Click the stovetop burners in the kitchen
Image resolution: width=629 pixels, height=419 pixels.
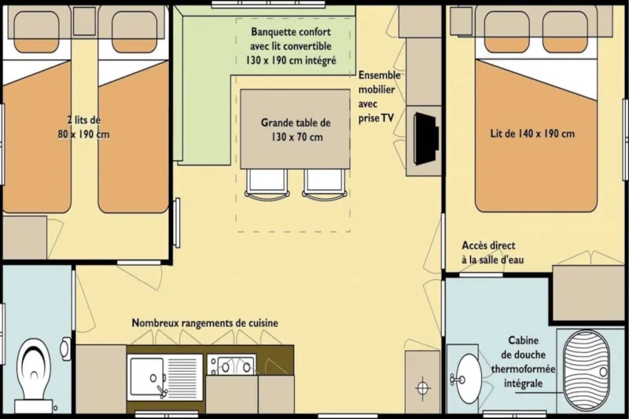(x=231, y=366)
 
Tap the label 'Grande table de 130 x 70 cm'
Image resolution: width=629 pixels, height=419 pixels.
(x=296, y=130)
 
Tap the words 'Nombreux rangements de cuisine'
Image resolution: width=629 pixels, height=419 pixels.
(x=204, y=323)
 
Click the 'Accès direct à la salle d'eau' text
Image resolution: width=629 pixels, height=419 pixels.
(x=487, y=252)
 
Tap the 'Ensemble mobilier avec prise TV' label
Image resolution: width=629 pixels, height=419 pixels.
(x=380, y=97)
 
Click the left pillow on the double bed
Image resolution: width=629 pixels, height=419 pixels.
(x=506, y=32)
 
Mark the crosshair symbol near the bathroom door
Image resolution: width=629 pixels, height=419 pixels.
(x=423, y=387)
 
